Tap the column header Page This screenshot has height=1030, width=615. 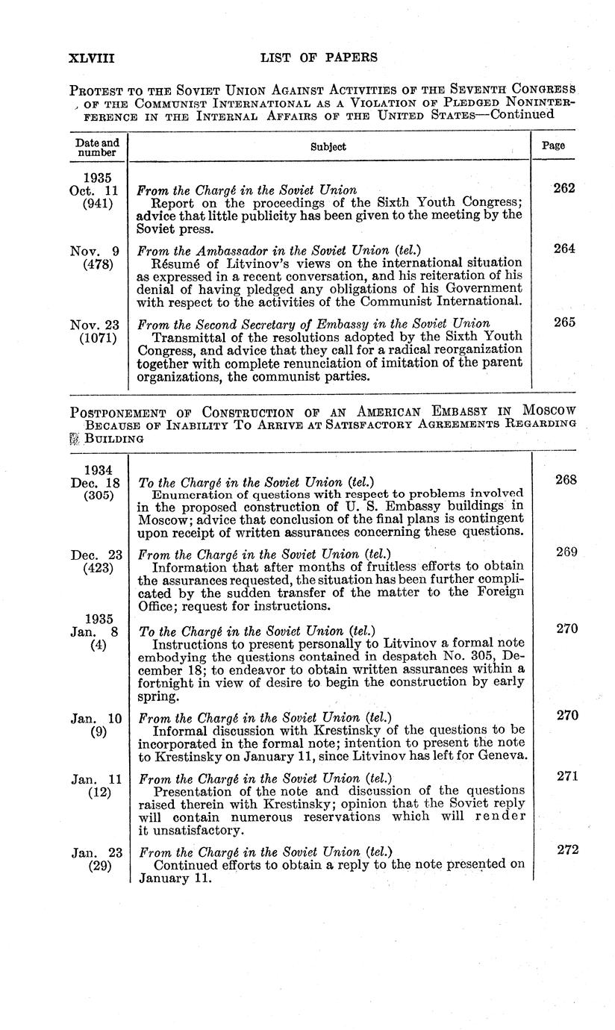(553, 146)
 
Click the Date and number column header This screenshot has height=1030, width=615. (97, 147)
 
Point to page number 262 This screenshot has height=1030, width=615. (564, 189)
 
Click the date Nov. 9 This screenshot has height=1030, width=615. (96, 249)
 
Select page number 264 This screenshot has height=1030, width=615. (564, 249)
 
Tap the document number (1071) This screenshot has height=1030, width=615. (98, 337)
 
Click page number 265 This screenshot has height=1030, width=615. (564, 323)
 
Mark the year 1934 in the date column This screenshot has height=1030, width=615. (98, 469)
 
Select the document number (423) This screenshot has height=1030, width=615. (97, 568)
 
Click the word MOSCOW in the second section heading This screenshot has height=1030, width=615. (549, 411)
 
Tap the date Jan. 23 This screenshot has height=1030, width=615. (96, 852)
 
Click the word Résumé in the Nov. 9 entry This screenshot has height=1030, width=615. (174, 262)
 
